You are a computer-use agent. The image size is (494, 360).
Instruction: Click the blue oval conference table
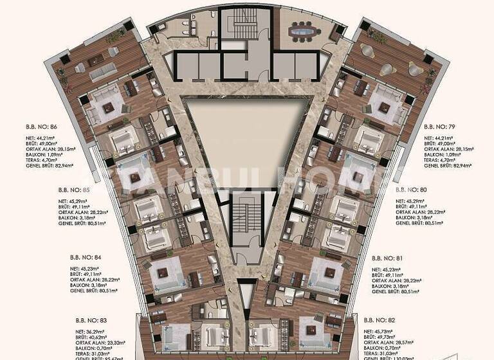303,30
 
